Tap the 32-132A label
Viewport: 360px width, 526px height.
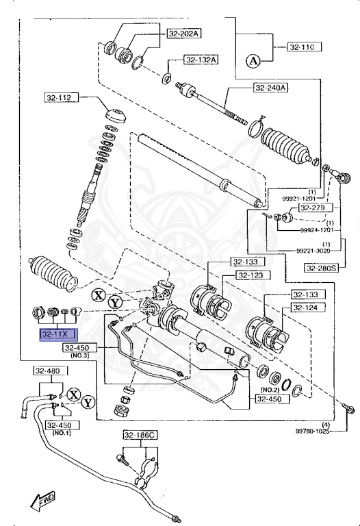pyautogui.click(x=201, y=60)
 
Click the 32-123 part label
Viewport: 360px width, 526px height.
pyautogui.click(x=250, y=275)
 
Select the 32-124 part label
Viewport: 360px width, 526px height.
pyautogui.click(x=305, y=308)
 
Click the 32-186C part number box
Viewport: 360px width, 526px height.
pyautogui.click(x=140, y=435)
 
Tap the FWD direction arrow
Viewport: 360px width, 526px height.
pyautogui.click(x=42, y=500)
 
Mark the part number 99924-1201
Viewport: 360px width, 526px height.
pyautogui.click(x=317, y=231)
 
